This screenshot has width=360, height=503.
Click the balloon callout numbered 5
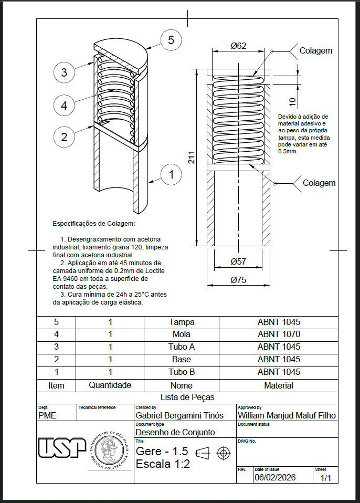[171, 40]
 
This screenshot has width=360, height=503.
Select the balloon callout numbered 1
[171, 174]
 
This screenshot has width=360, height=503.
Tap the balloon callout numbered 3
[64, 72]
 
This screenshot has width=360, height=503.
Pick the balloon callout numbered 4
[64, 105]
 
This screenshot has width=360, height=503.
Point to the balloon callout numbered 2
[64, 137]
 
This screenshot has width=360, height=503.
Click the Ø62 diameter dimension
[238, 46]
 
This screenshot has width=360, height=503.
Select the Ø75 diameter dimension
[238, 280]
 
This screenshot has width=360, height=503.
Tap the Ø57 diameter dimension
[238, 261]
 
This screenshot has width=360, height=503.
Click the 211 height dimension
[192, 158]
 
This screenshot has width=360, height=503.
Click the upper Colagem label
[315, 51]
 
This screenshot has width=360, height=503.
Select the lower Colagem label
[319, 183]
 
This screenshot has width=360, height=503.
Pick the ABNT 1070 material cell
[279, 334]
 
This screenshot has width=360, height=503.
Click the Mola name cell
[181, 334]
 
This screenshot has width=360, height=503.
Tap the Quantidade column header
[110, 385]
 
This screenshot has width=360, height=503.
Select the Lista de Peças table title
[187, 397]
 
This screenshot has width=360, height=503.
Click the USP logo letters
[62, 448]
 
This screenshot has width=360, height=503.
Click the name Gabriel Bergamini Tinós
[179, 415]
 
